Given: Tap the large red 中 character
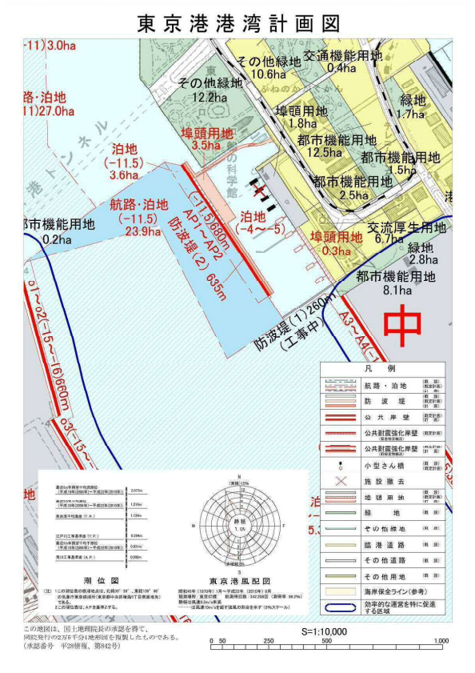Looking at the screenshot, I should [403, 325].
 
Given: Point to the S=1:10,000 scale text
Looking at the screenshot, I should [324, 631].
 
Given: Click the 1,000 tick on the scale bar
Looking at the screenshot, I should [439, 641].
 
